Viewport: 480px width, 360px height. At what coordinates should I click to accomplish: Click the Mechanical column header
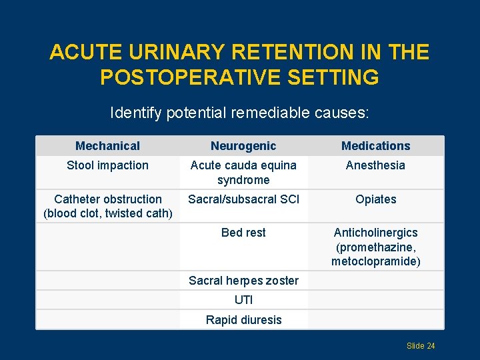(107, 146)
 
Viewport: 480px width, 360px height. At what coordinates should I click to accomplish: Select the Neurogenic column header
(243, 146)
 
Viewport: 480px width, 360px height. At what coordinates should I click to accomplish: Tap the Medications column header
(375, 146)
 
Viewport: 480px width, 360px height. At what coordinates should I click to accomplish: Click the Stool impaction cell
(107, 165)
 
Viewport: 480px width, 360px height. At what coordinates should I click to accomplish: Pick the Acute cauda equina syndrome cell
(243, 173)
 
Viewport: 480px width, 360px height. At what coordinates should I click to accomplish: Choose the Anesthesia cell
(375, 165)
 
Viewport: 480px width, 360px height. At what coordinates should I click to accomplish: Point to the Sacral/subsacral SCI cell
(243, 199)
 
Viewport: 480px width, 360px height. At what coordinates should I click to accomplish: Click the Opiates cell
(375, 199)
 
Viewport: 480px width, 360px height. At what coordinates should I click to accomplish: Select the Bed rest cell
(243, 233)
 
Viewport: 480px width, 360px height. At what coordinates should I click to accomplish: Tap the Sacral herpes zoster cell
(243, 281)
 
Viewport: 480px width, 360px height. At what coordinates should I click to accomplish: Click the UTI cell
(243, 300)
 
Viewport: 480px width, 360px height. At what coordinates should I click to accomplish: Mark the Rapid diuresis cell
(243, 320)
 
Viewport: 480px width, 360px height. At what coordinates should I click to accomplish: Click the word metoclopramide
(375, 261)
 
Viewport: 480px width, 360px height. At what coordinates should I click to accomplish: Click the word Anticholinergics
(375, 233)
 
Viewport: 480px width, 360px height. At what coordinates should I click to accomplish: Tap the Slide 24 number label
(421, 346)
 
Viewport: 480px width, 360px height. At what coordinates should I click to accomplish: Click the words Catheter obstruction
(107, 199)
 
